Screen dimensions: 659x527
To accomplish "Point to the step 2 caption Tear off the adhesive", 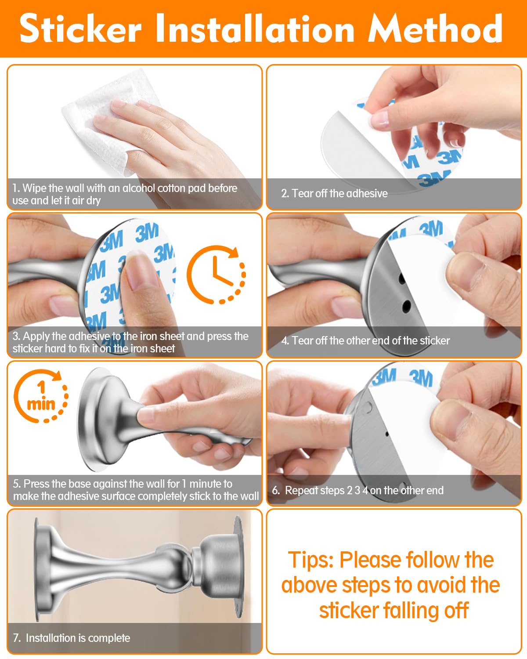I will click(x=334, y=193).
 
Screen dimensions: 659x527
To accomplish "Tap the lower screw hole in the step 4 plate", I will click(x=407, y=304).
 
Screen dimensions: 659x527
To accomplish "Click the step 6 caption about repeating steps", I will click(x=358, y=490).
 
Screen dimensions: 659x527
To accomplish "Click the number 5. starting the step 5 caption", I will click(x=17, y=484).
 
